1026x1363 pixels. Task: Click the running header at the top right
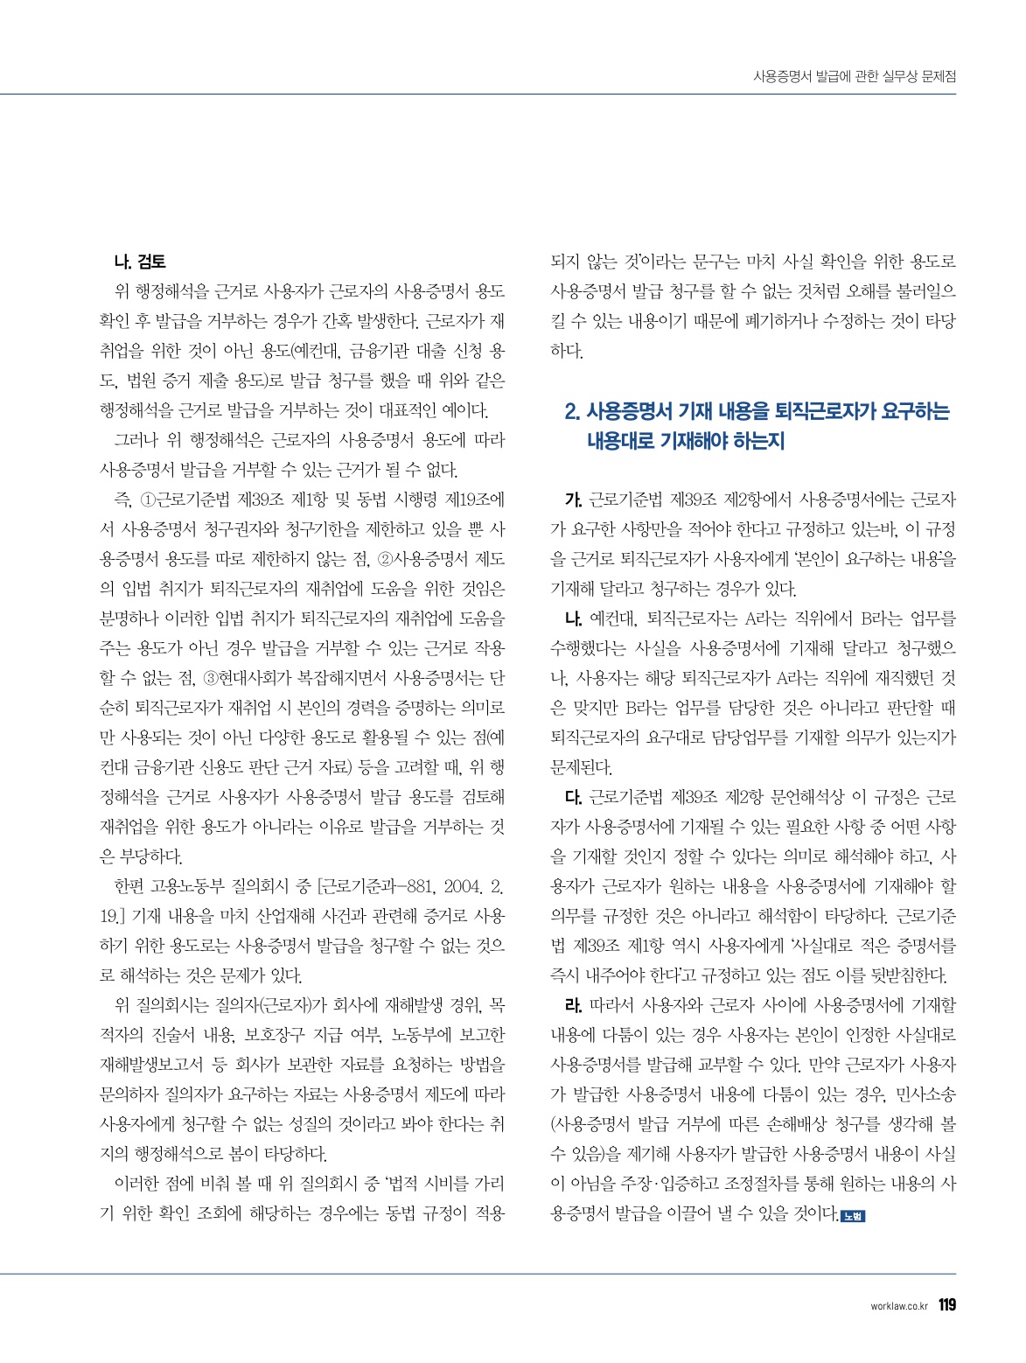[855, 77]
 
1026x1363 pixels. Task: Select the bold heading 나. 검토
[140, 262]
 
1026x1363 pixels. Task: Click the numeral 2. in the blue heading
[573, 411]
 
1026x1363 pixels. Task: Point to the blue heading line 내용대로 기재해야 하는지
[685, 441]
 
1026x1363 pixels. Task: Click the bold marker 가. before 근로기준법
[574, 500]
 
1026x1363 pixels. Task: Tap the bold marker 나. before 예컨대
[574, 619]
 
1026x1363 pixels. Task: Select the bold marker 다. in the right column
[574, 797]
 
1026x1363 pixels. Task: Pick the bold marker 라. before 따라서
[574, 1005]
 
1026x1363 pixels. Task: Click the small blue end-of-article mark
[852, 1215]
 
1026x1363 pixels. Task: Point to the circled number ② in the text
[386, 560]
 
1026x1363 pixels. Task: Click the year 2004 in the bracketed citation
[458, 887]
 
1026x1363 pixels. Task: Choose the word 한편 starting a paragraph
[129, 887]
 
